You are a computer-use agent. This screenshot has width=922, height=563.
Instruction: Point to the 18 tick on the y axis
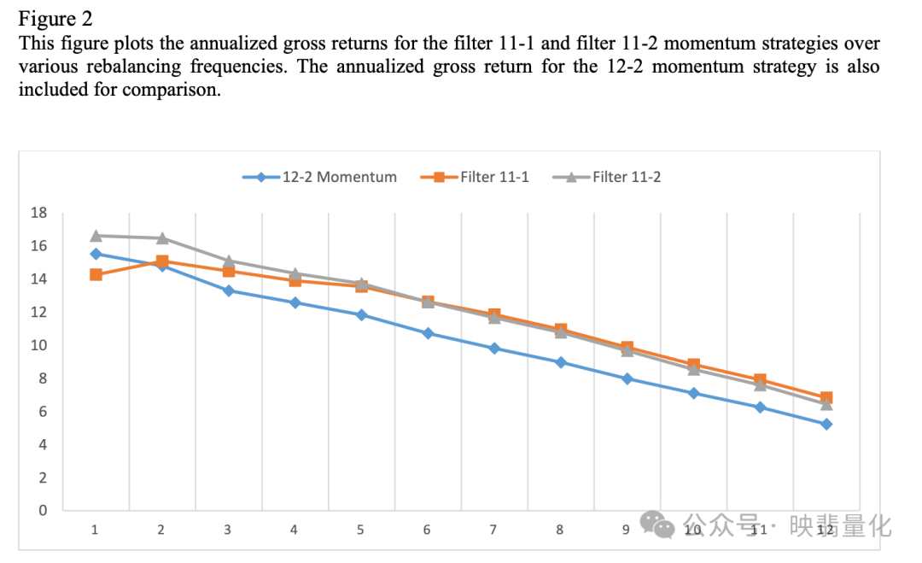pos(39,213)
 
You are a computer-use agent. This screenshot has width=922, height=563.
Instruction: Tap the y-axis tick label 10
pos(39,345)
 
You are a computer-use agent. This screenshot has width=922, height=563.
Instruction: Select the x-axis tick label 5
pos(360,530)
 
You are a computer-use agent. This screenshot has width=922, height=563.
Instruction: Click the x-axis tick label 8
pos(559,530)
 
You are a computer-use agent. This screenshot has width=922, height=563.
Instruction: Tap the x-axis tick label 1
pos(95,530)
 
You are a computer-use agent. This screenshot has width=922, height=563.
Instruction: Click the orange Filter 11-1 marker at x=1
pos(96,274)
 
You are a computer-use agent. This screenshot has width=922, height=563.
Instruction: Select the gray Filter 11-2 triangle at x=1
pos(96,235)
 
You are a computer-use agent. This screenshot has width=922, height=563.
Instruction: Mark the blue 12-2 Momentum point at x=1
pos(96,254)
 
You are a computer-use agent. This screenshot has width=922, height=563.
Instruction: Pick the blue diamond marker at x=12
pos(826,424)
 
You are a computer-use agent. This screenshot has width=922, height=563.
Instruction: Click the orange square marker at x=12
pos(826,398)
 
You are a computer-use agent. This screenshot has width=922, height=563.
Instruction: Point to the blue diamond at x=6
pos(428,333)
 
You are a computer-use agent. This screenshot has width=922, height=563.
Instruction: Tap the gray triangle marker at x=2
pos(162,238)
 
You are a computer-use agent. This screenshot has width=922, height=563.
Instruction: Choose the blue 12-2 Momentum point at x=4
pos(295,302)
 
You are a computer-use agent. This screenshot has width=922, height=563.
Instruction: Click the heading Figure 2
pos(55,19)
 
